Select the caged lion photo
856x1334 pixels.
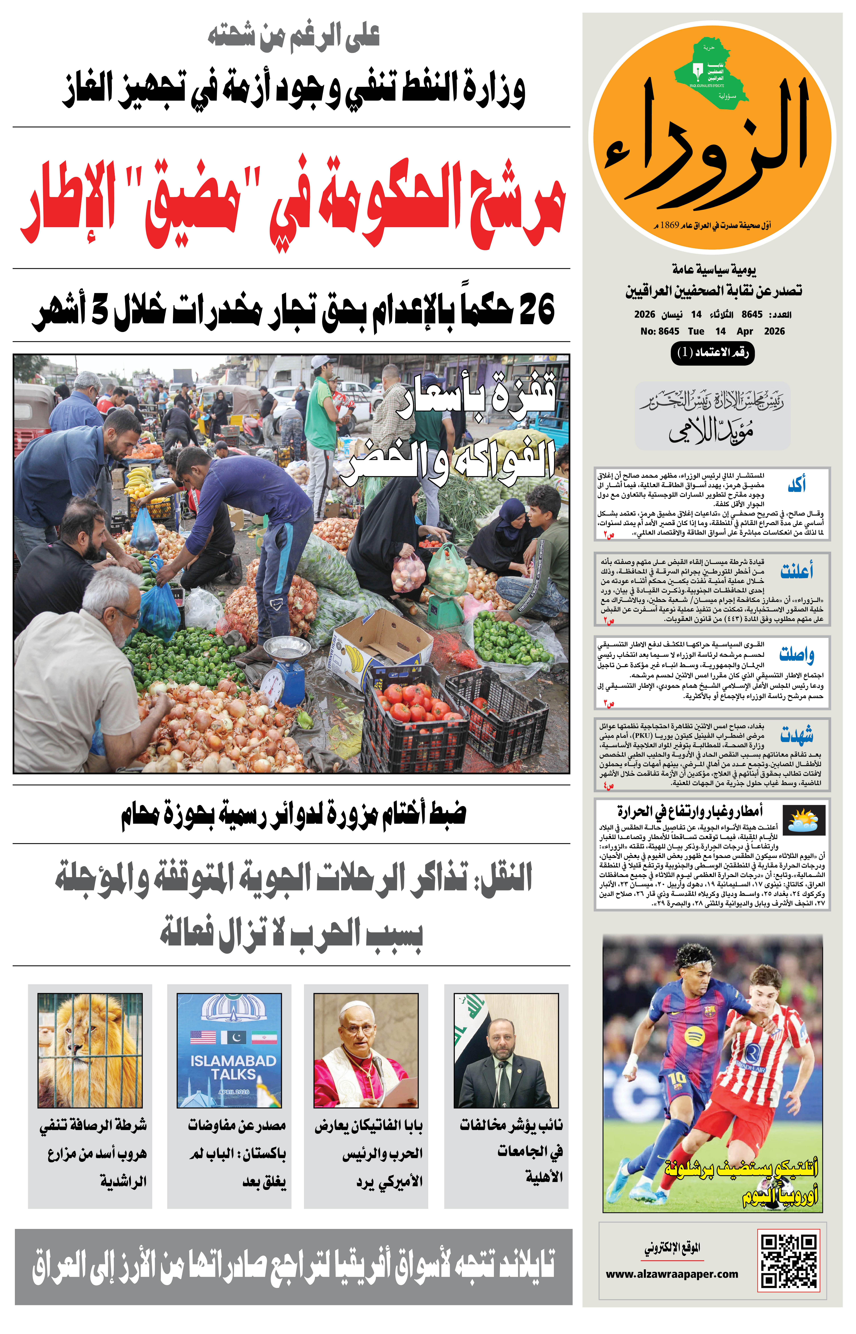[x=90, y=1050]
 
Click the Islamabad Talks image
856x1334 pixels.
[x=229, y=1050]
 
